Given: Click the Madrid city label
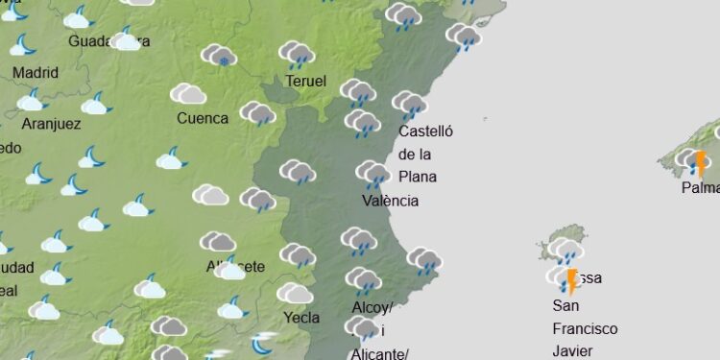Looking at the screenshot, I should point(36,73).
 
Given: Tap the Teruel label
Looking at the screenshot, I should point(305,82).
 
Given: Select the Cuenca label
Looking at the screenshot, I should point(203,119).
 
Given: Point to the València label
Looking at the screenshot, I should point(390,201).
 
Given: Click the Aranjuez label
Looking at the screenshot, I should point(50,125).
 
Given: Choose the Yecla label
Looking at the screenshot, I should point(301,318).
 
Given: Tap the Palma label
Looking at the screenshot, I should point(700,188).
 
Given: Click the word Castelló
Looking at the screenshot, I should point(425,132).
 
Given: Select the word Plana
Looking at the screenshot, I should point(418,177).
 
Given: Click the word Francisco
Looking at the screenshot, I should point(585,328).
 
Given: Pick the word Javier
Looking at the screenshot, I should point(573,350).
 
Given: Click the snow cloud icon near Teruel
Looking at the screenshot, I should point(220,55).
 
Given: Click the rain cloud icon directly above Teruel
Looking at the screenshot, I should point(299,54).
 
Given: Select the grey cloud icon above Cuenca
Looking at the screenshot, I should point(188,93).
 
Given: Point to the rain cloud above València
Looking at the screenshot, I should point(373,174).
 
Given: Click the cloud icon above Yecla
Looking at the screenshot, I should point(296,293).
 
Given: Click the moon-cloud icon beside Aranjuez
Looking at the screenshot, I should point(95,105).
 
